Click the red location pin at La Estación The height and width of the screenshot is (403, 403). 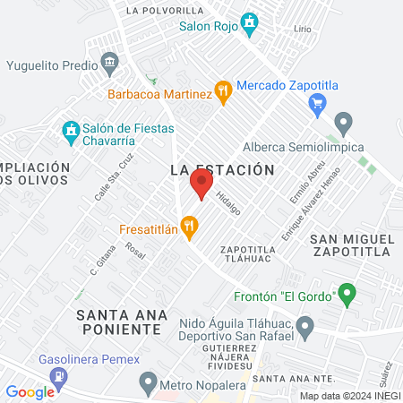click(x=201, y=184)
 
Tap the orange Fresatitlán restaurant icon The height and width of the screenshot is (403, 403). click(x=188, y=228)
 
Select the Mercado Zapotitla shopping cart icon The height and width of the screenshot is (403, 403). click(x=315, y=104)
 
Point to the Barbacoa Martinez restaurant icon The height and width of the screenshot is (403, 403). click(x=224, y=91)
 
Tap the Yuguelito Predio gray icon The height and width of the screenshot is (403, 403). click(x=110, y=64)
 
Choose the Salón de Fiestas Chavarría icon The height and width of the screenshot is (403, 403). click(x=70, y=132)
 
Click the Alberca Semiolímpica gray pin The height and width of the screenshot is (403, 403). click(x=343, y=122)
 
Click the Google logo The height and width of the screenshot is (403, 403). click(x=30, y=391)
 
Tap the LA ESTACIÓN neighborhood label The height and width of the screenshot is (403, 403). click(x=221, y=168)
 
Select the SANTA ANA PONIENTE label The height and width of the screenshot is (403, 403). click(x=122, y=322)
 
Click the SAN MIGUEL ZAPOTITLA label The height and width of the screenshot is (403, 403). click(x=351, y=245)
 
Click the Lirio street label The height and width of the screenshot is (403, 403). click(x=303, y=30)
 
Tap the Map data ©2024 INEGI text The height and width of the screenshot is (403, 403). click(x=350, y=396)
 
